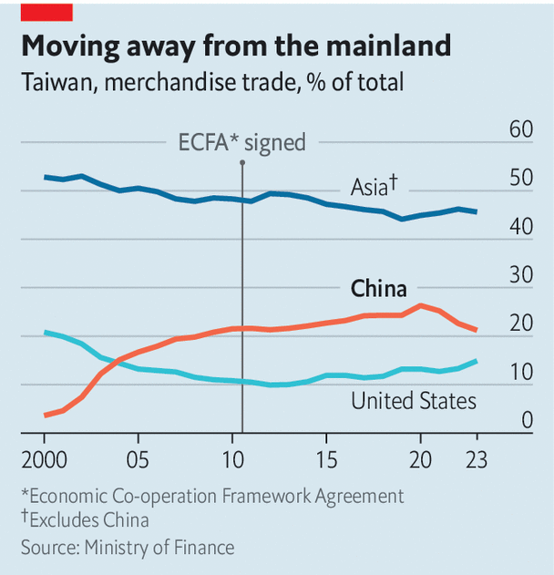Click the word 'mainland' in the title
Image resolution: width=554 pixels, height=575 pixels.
(378, 46)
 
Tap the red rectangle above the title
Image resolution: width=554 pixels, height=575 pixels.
(46, 10)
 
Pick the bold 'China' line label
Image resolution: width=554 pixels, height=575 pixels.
(378, 289)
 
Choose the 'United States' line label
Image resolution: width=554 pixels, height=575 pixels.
(414, 400)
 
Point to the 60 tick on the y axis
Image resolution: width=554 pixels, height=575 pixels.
(520, 129)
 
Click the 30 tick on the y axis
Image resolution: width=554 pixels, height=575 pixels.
(520, 275)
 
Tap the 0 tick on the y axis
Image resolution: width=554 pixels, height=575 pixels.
(527, 421)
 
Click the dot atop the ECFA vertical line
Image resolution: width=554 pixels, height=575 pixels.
(242, 162)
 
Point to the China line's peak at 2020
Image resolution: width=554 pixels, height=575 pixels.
(419, 306)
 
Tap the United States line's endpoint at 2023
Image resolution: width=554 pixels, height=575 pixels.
(476, 362)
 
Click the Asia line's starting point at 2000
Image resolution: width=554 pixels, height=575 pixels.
(45, 177)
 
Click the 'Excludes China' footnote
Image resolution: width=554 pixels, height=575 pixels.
(89, 520)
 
